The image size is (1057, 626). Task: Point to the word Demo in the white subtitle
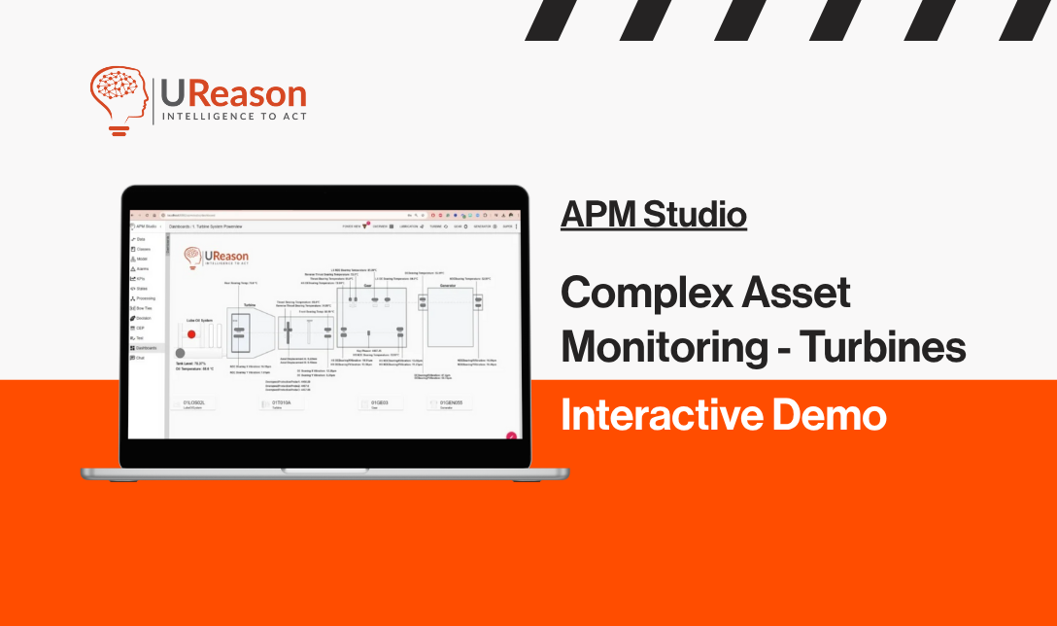click(835, 416)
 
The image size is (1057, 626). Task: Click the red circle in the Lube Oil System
click(191, 333)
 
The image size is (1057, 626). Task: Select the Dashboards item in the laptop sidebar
click(147, 347)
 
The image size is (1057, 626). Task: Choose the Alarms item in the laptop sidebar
click(142, 268)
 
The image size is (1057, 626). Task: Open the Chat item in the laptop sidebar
click(140, 358)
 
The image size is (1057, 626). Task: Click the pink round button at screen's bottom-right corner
click(511, 436)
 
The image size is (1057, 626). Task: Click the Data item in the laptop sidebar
click(140, 238)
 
